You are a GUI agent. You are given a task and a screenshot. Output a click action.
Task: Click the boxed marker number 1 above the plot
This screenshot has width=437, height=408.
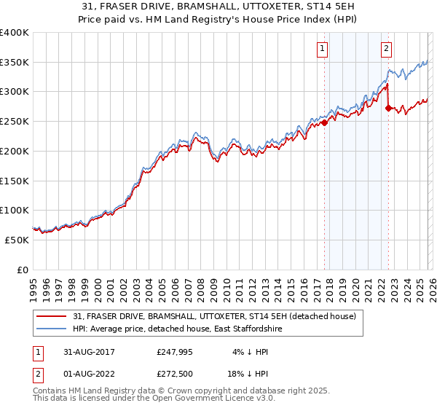pyautogui.click(x=322, y=50)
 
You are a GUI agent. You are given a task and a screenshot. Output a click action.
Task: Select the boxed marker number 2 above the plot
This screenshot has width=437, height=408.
pyautogui.click(x=385, y=50)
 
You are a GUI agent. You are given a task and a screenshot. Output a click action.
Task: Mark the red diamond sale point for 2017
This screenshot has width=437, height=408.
pyautogui.click(x=325, y=122)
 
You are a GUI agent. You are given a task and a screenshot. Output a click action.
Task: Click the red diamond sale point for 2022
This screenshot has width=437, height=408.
pyautogui.click(x=388, y=109)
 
